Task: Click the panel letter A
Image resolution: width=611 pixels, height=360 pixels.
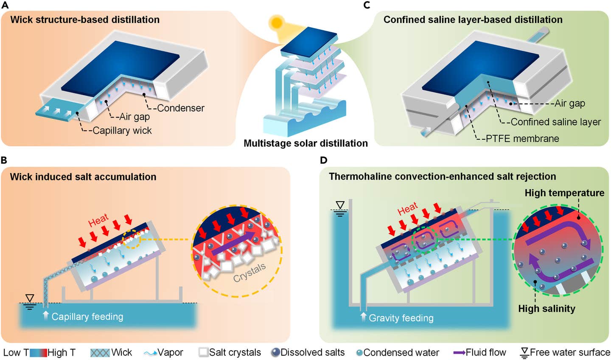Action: point(5,5)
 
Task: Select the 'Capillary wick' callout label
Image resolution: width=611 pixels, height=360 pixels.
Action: point(122,131)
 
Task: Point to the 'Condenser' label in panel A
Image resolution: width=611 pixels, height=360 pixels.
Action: point(181,108)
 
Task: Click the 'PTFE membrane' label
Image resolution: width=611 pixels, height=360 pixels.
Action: point(522,138)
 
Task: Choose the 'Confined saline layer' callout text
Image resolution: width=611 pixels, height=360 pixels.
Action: point(555,122)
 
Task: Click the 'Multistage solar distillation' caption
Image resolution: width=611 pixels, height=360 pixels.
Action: point(305,143)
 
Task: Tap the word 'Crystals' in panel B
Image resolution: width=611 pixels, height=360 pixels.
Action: point(249,273)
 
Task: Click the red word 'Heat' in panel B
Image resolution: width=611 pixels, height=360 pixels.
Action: point(98,221)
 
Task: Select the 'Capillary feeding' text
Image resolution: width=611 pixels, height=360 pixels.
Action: point(87,317)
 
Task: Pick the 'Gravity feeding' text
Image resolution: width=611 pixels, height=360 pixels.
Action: point(401,318)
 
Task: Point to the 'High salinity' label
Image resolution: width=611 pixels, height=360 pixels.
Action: point(547,309)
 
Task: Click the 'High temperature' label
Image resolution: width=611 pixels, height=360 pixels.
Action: point(564,193)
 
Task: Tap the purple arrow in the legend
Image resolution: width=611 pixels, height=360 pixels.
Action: point(459,353)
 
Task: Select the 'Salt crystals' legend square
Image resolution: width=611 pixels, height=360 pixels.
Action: point(204,352)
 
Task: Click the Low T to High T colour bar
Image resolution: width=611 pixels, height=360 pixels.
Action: point(38,353)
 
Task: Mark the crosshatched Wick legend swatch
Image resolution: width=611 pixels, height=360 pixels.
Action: point(100,353)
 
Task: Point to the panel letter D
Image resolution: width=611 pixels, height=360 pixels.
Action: point(324,160)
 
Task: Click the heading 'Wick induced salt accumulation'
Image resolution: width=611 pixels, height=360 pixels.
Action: point(83,177)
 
